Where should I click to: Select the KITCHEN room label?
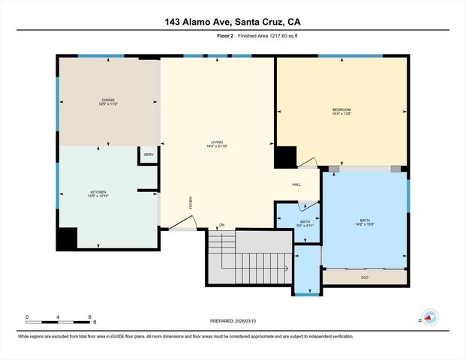(98, 193)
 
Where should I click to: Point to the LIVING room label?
(218, 143)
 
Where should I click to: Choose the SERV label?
(149, 154)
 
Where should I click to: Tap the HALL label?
(297, 184)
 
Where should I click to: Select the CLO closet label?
(364, 277)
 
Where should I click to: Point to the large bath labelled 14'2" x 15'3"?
(365, 221)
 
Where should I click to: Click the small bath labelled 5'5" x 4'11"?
(305, 223)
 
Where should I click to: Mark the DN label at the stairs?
(221, 226)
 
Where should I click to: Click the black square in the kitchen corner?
(67, 238)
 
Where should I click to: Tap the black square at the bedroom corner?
(285, 157)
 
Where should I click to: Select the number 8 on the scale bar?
(89, 317)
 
